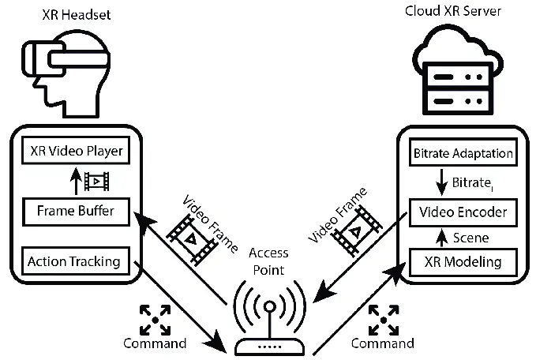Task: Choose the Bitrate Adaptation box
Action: [x=462, y=153]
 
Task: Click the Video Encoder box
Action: [x=462, y=213]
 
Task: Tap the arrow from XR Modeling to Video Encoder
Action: [x=441, y=236]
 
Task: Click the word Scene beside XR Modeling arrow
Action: [x=472, y=237]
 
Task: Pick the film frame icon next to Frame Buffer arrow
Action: [x=96, y=181]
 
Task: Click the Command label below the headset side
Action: [x=155, y=343]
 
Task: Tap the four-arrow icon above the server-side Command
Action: [x=382, y=317]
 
